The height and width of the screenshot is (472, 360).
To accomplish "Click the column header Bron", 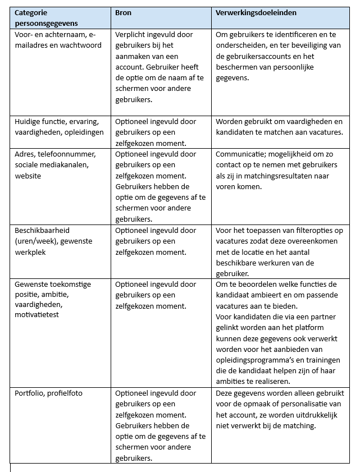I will tap(123, 12).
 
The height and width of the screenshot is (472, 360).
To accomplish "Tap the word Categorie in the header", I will tap(31, 12).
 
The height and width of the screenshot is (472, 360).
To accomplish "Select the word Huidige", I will tap(29, 121).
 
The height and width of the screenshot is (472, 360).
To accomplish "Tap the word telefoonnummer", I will tap(66, 154).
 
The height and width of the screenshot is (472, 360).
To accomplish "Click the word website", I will tap(29, 176).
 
